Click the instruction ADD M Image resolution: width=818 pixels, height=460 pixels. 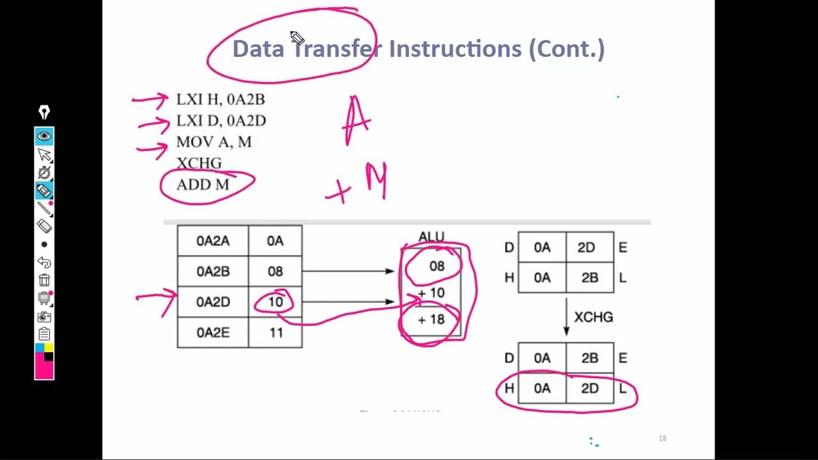coord(203,185)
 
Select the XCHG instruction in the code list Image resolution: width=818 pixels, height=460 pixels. coord(199,163)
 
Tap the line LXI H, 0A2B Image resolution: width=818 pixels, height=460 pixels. coord(220,100)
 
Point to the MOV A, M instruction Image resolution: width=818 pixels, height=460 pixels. coord(213,142)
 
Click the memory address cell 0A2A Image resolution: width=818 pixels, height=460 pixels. coord(213,241)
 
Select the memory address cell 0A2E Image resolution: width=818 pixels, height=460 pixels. coord(213,332)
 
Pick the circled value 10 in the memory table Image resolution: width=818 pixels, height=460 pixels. coord(275,302)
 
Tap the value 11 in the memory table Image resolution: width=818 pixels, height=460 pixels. coord(275,332)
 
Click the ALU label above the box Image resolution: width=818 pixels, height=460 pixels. coord(431,237)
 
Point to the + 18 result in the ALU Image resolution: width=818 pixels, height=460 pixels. coord(431,320)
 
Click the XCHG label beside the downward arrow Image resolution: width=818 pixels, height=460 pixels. coord(594,317)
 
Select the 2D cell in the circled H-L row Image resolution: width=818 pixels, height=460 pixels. coord(589,388)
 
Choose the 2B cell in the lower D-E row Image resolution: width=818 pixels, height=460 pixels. coord(589,358)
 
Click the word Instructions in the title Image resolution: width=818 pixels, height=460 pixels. coord(456,49)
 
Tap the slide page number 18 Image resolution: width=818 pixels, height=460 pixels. coord(662,438)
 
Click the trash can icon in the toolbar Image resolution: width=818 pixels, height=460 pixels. coord(44,280)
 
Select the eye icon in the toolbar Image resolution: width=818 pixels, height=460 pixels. coord(44,136)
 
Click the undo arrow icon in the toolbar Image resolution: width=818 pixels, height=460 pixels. coord(44,262)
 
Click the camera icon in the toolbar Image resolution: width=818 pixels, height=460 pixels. coord(44,316)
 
